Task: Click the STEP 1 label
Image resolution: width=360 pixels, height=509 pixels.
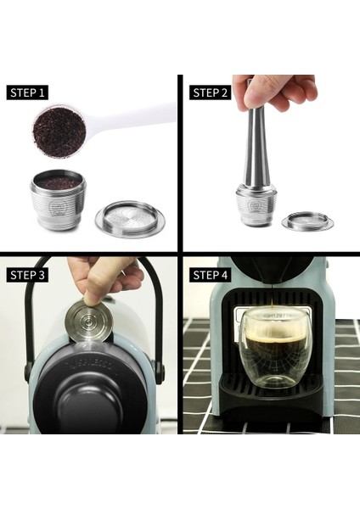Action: click(29, 92)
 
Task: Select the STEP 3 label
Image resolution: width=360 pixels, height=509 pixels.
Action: click(29, 275)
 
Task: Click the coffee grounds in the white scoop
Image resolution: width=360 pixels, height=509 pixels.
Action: click(59, 128)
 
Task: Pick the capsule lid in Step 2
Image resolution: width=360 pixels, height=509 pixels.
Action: click(307, 222)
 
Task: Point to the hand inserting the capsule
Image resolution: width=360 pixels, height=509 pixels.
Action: click(102, 276)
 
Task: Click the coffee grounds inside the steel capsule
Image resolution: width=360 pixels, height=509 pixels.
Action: click(58, 183)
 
